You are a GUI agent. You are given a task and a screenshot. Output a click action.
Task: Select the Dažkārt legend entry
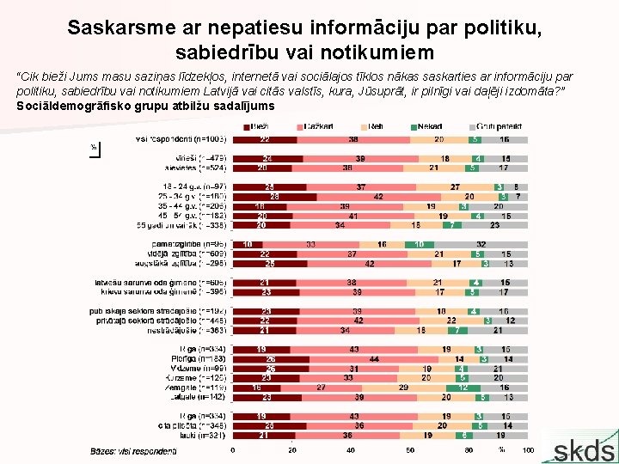pyautogui.click(x=315, y=127)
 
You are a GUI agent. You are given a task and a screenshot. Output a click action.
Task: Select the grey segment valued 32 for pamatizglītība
pyautogui.click(x=481, y=244)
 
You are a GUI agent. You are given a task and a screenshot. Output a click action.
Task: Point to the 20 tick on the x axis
pyautogui.click(x=292, y=450)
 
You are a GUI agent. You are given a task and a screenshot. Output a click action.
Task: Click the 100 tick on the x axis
pyautogui.click(x=528, y=450)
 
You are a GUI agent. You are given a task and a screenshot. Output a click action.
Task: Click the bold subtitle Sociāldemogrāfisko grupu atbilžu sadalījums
pyautogui.click(x=146, y=107)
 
